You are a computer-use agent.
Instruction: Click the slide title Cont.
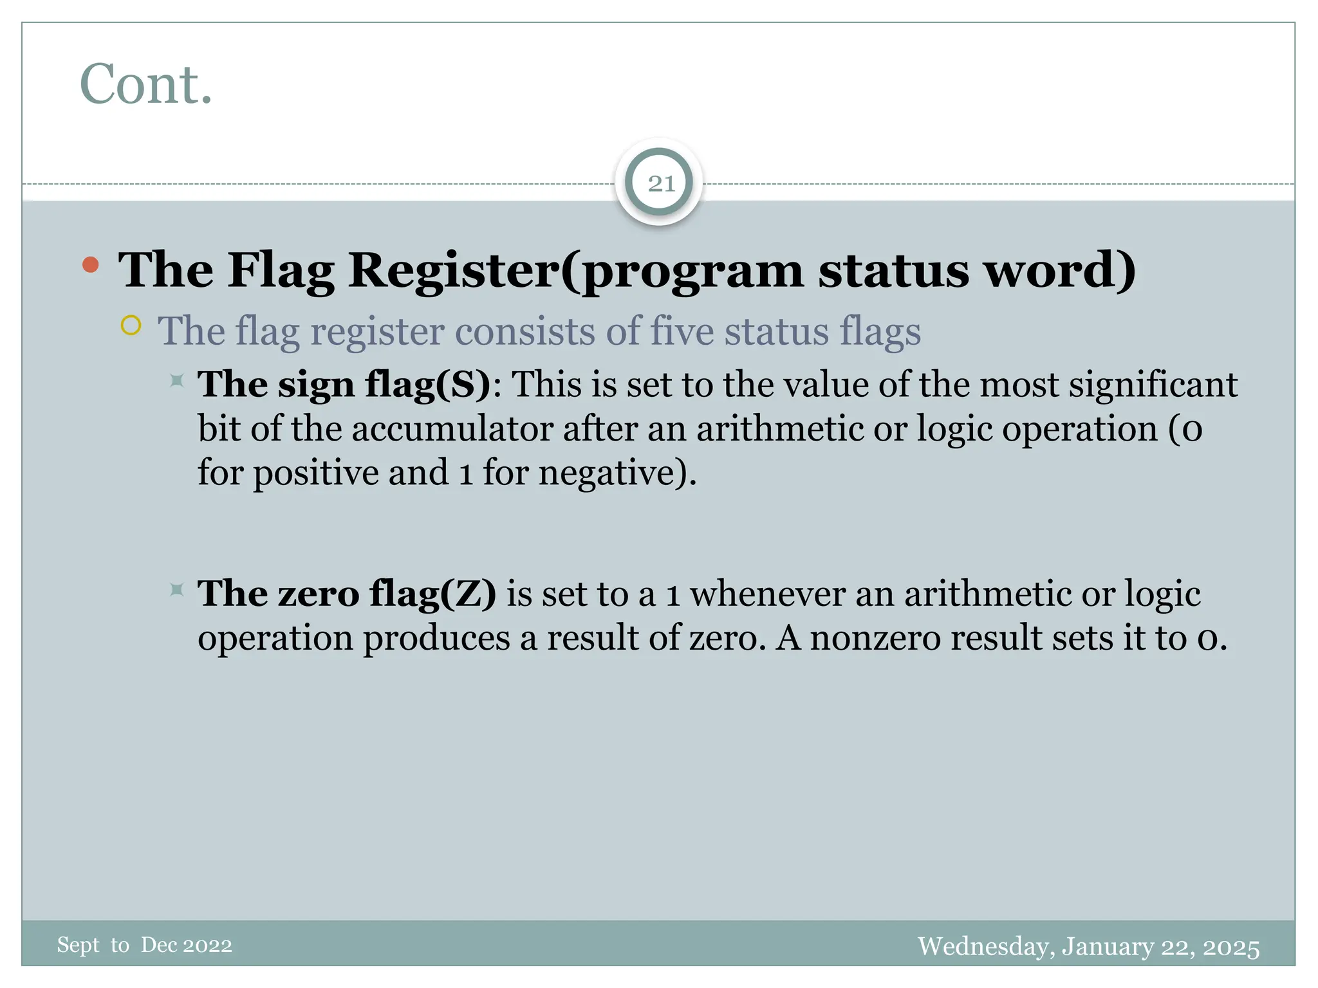click(146, 84)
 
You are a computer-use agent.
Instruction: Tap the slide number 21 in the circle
click(661, 184)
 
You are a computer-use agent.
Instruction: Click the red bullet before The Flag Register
click(91, 264)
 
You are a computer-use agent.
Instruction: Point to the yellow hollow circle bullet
click(131, 325)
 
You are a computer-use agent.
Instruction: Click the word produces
click(436, 638)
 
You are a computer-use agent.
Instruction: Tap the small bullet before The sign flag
click(177, 381)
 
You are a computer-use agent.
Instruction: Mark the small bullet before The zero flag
click(177, 589)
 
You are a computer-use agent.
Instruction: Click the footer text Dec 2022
click(186, 945)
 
